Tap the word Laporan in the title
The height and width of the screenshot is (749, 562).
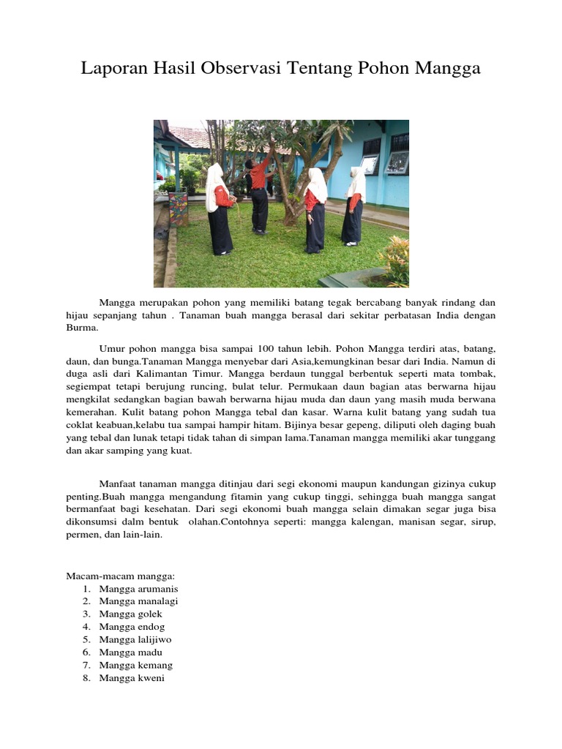point(113,69)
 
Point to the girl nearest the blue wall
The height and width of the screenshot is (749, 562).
point(353,206)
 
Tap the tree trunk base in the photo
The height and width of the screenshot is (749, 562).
point(291,216)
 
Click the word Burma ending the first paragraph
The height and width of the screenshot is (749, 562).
point(81,328)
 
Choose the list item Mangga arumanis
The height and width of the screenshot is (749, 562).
point(138,589)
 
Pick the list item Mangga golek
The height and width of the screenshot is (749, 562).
point(131,614)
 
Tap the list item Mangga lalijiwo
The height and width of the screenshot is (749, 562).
point(135,640)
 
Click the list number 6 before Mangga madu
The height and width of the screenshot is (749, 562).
point(86,652)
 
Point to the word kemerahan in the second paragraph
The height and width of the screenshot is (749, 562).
point(91,412)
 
